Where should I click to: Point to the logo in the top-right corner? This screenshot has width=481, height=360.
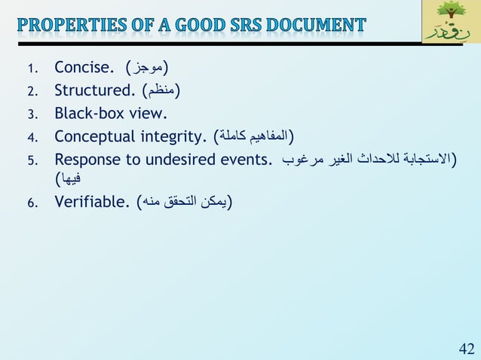pos(450,22)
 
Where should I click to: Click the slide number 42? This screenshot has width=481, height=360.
pos(466,347)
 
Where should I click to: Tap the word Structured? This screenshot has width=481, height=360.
pos(94,92)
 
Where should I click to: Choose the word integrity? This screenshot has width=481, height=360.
pos(174,136)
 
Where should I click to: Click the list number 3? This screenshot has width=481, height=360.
pos(32,115)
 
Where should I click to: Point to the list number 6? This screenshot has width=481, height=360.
pos(32,203)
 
